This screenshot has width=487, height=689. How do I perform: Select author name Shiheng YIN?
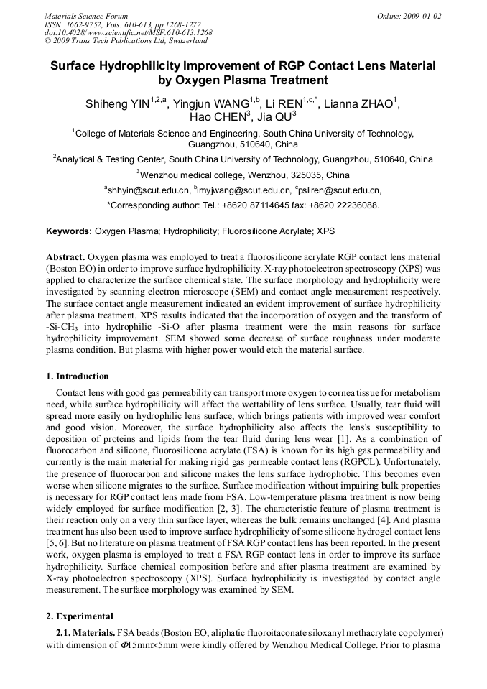(117, 105)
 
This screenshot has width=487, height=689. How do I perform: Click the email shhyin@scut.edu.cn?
(148, 190)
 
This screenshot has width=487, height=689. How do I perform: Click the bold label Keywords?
(69, 231)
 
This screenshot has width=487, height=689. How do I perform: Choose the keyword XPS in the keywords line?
(325, 231)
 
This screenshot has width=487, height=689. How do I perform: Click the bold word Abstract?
(65, 257)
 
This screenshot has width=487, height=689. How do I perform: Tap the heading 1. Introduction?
(78, 376)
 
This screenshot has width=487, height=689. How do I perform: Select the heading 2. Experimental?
(80, 616)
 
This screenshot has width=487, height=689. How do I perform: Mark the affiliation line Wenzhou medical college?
(243, 175)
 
